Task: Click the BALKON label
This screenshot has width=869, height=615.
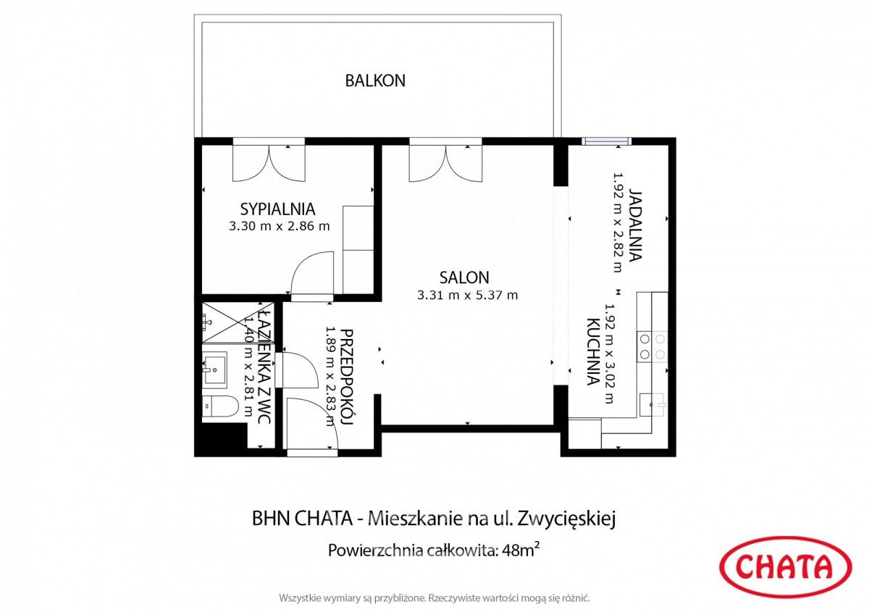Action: click(375, 80)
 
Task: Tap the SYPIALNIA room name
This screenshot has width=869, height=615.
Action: click(278, 209)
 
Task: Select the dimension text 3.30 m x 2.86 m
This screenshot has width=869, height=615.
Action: click(280, 226)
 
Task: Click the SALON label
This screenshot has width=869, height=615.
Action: click(464, 277)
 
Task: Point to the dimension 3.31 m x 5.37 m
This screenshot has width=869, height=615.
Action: click(468, 296)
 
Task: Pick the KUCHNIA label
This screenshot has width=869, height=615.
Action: click(593, 352)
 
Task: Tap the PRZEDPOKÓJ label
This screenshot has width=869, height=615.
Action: click(346, 378)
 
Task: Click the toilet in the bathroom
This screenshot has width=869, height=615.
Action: click(220, 406)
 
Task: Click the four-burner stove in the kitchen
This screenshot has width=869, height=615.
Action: click(652, 346)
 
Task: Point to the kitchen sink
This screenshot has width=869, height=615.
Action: click(652, 405)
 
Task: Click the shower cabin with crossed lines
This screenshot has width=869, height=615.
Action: click(238, 323)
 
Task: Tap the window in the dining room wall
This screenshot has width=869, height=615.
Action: click(606, 141)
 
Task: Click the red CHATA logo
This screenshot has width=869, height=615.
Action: click(786, 566)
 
